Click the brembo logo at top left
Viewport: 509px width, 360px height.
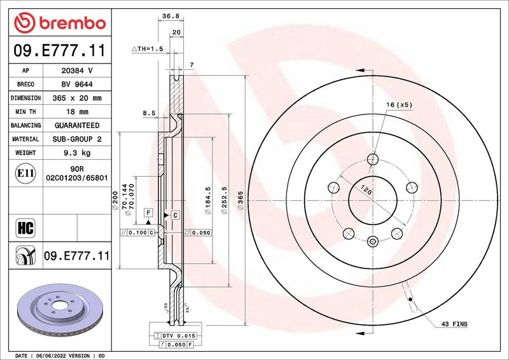[60, 23]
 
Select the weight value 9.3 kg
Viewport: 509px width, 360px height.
[77, 153]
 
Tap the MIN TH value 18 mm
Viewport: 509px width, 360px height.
[77, 112]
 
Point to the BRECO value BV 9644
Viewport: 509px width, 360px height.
[77, 85]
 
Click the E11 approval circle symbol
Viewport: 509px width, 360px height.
[25, 174]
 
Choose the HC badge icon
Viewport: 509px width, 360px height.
[25, 228]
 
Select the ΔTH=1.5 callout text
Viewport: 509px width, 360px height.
[148, 49]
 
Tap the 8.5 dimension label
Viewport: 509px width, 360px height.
[149, 113]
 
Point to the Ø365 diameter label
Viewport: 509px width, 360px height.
[241, 200]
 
